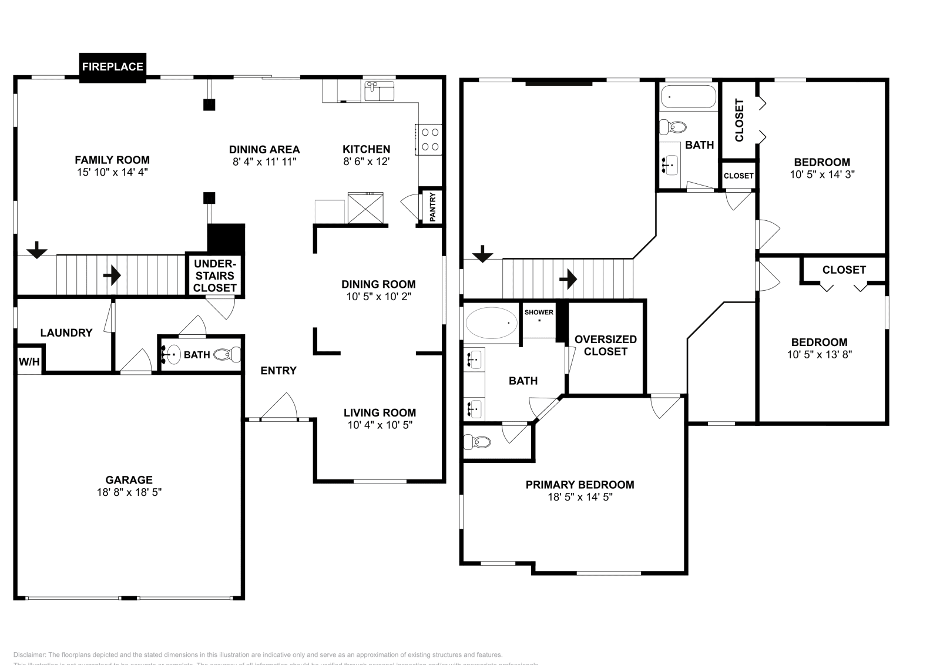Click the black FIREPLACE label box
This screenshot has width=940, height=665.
tap(112, 67)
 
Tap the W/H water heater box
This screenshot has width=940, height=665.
tap(29, 361)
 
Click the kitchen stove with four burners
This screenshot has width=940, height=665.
tap(429, 140)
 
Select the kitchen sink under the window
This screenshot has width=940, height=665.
tap(380, 92)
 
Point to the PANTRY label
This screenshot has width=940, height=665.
tap(432, 207)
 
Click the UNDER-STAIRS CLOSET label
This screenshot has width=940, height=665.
tap(214, 276)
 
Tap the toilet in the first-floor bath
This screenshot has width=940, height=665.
tap(228, 354)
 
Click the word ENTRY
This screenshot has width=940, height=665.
tap(278, 371)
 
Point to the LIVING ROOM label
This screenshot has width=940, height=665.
tap(380, 413)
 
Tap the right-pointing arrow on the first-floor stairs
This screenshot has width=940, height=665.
tap(112, 275)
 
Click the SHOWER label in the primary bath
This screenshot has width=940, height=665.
tap(539, 313)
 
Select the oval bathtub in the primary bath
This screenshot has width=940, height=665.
tap(492, 323)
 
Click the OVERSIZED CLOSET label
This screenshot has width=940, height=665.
tap(605, 345)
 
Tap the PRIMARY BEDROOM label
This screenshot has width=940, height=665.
tap(579, 485)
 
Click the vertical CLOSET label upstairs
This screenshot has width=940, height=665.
tap(739, 120)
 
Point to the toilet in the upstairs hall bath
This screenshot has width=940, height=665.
tap(673, 126)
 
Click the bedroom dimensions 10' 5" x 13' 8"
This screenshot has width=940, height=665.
tap(819, 355)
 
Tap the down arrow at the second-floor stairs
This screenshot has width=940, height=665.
tap(482, 254)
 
